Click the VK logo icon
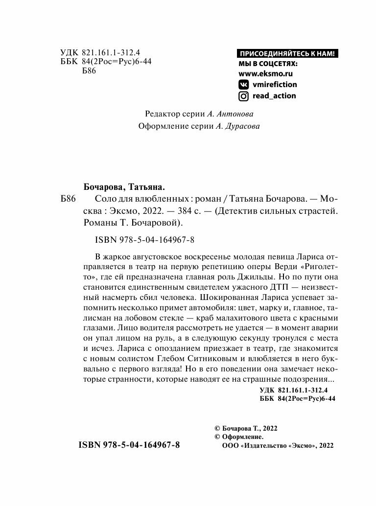[243, 84]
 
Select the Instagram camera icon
[243, 96]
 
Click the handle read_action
[274, 96]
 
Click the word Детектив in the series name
[236, 211]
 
